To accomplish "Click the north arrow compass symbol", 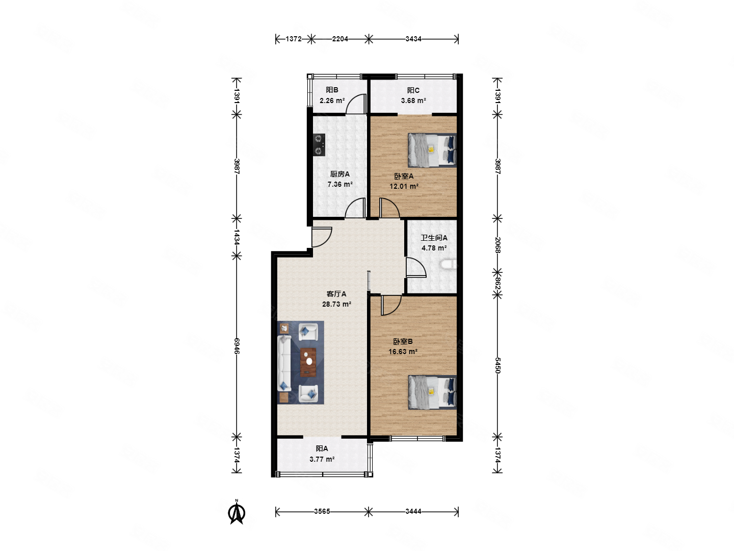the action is (x=236, y=512).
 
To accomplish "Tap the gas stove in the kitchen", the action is (x=319, y=145).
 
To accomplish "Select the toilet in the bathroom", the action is (x=448, y=265).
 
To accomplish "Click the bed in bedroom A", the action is (x=432, y=150).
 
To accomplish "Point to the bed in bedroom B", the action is (x=432, y=392).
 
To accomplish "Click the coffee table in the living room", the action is (x=308, y=362).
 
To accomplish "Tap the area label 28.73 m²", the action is (x=336, y=304).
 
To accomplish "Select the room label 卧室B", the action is (x=402, y=342).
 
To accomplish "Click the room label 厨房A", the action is (x=339, y=174).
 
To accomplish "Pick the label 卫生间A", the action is (x=434, y=238).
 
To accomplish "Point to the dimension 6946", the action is (x=237, y=346).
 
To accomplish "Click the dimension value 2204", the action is (x=340, y=39).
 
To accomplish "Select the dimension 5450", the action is (x=497, y=365).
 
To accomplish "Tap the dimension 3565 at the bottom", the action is (x=322, y=511).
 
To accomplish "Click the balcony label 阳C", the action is (x=413, y=90).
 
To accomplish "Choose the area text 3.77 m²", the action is (x=322, y=459).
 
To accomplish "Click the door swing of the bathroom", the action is (x=416, y=267).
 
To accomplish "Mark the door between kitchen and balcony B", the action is (x=356, y=104).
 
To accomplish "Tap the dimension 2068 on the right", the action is (x=497, y=245).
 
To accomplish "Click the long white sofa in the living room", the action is (x=284, y=364).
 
